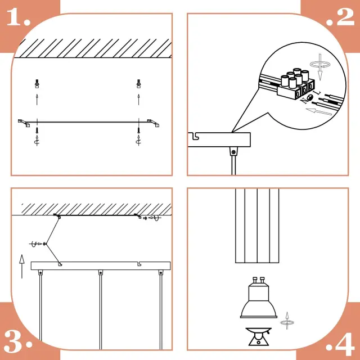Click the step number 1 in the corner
pos(19,17)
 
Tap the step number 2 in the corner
pos(341,17)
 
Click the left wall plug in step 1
pos(37,84)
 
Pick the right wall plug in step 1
pos(138,84)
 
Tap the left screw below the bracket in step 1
pos(37,130)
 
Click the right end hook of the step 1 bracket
pos(154,123)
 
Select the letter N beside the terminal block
pos(305,100)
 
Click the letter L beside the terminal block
pos(317,93)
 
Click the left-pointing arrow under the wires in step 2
pos(319,111)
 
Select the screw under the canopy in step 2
pos(234,152)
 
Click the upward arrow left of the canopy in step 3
pos(22,266)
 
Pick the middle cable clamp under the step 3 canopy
pos(101,272)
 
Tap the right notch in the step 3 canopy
pos(139,264)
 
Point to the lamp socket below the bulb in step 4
pos(259,336)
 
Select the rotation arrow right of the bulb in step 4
pos(287,321)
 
